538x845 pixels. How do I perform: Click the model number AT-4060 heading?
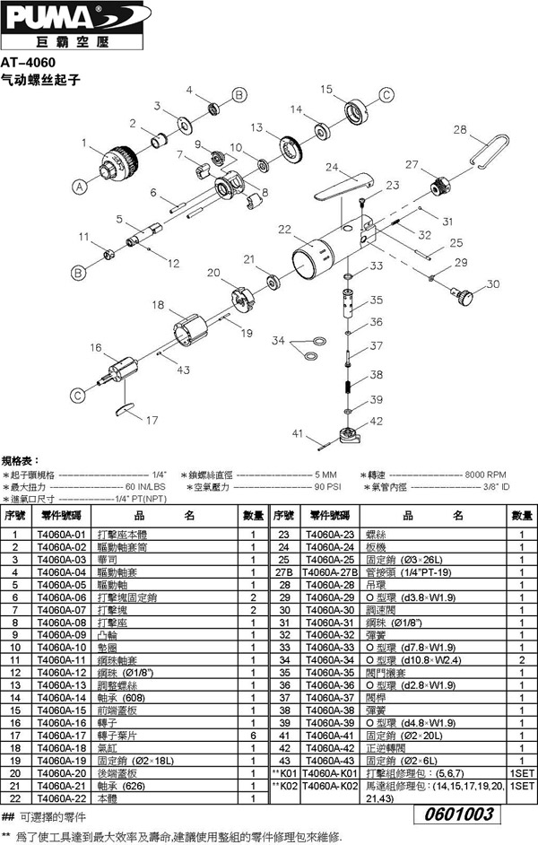[x=30, y=63]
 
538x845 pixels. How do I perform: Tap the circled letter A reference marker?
[x=79, y=187]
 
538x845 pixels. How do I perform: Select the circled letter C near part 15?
[x=386, y=95]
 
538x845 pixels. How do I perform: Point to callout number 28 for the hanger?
[x=460, y=130]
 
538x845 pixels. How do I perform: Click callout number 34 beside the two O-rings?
[x=278, y=341]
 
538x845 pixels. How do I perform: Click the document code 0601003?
[x=458, y=814]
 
